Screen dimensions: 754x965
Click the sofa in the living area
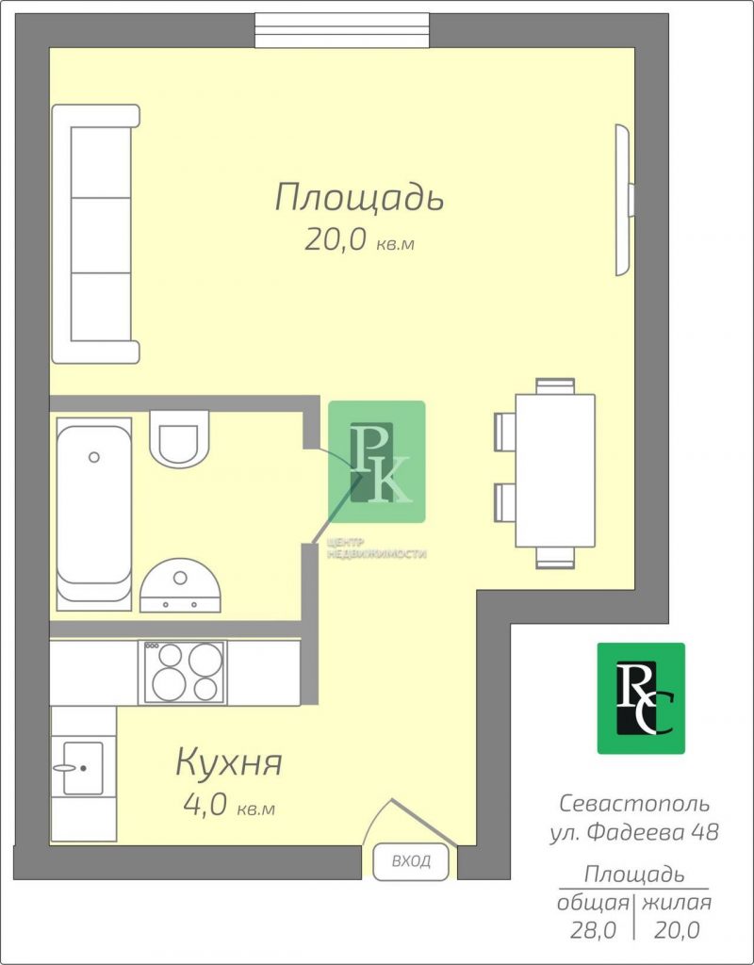click(95, 234)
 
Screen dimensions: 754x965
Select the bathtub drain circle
click(94, 457)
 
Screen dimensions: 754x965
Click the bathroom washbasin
click(180, 585)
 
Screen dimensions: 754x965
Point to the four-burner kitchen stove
click(184, 672)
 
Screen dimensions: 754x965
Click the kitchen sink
click(83, 768)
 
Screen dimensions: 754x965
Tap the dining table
click(555, 470)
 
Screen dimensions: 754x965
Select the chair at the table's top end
click(555, 385)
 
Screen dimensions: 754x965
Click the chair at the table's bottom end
click(555, 557)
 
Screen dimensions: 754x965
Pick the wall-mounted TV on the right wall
click(624, 200)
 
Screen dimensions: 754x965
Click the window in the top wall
click(343, 30)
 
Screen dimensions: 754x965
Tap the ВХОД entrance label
click(411, 861)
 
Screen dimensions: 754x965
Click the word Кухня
click(229, 762)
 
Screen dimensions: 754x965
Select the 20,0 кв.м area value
click(359, 241)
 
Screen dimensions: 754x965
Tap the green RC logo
click(641, 698)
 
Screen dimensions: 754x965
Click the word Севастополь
click(634, 803)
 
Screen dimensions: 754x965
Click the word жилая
click(677, 903)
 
